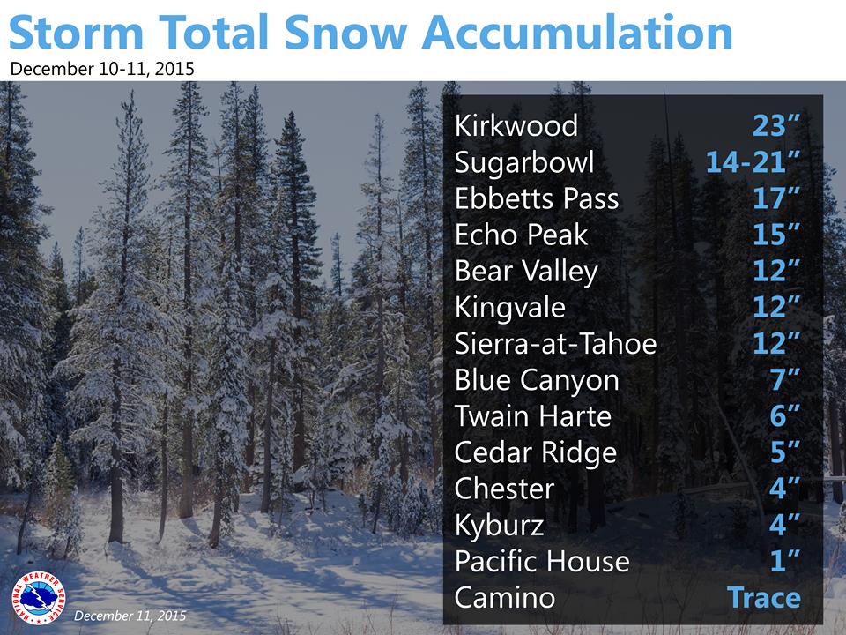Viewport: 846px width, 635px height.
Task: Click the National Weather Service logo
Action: point(39,598)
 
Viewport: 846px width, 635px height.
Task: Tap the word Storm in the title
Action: point(76,33)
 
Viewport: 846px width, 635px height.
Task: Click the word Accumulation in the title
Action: point(577,33)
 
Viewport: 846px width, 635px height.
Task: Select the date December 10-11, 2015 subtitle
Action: point(102,69)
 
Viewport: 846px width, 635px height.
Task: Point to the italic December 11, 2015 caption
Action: point(130,616)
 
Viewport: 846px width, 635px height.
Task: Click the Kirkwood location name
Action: point(516,125)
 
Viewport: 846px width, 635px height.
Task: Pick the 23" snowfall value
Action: point(776,125)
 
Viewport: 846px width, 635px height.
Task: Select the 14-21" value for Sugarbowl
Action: point(753,161)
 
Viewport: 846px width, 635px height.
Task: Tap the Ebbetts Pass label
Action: point(537,198)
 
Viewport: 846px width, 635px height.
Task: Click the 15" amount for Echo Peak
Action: point(776,235)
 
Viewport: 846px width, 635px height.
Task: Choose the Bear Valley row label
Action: point(527,272)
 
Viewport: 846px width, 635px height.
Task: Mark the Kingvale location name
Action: point(510,308)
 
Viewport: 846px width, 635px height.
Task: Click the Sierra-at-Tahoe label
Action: point(556,344)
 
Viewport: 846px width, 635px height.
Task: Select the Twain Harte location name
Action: point(533,416)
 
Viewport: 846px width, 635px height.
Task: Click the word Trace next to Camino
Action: point(764,598)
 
